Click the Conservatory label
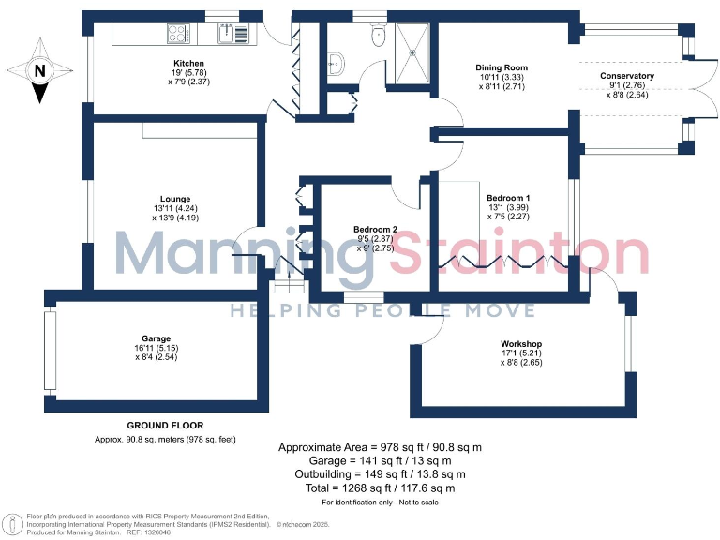(x=627, y=76)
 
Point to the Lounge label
(x=175, y=199)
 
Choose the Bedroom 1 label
(x=509, y=198)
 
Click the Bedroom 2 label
(x=376, y=230)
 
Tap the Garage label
(x=157, y=338)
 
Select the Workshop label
(x=520, y=344)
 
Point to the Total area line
(x=381, y=487)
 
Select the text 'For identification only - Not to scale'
(x=381, y=502)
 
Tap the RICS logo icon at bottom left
(x=13, y=521)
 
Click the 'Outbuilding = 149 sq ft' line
(x=381, y=474)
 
